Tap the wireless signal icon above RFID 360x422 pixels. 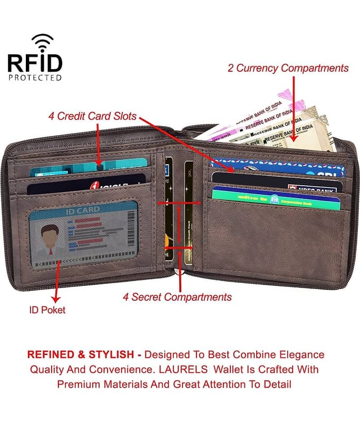point(42,41)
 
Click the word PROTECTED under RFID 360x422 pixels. point(34,78)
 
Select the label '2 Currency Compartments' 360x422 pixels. point(288,68)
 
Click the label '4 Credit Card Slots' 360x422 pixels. point(92,116)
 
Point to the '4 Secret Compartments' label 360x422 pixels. point(177,297)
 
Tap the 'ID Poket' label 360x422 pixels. point(47,310)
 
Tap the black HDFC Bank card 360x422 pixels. point(277,182)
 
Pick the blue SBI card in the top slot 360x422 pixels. point(278,167)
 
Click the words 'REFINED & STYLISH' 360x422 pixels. point(83,354)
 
